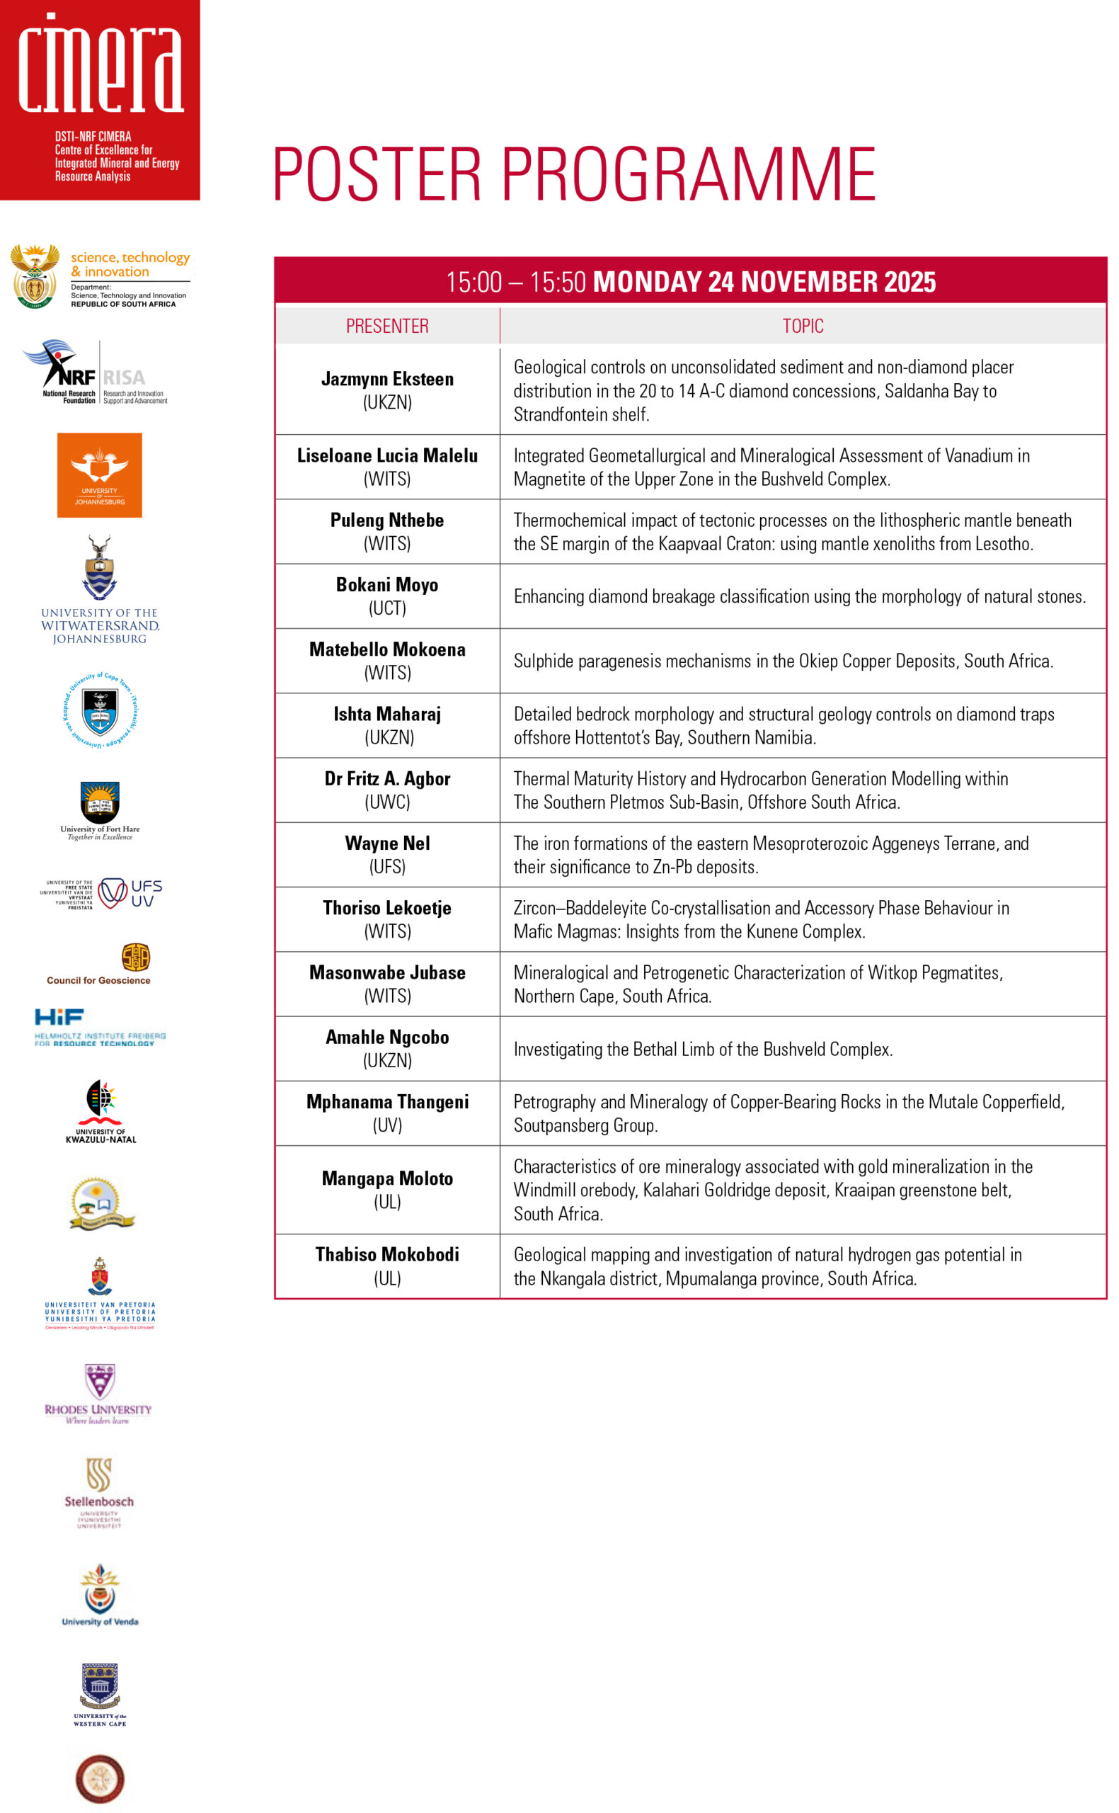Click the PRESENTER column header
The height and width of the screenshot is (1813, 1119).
[387, 326]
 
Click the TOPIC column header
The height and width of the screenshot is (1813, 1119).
[803, 326]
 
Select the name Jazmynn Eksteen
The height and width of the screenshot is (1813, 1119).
[387, 379]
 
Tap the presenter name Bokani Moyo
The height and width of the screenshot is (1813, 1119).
[387, 585]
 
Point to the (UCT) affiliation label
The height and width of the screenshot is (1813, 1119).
[387, 608]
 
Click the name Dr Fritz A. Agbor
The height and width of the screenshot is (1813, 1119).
[387, 779]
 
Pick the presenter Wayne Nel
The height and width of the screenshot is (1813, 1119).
[387, 843]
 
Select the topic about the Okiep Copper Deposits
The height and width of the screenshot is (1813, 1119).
[783, 661]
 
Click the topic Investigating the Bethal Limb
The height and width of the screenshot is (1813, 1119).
[703, 1049]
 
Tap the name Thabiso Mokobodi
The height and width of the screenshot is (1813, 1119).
[387, 1254]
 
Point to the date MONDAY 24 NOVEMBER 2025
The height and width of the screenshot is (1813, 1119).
[764, 282]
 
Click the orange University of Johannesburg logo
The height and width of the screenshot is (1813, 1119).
[99, 475]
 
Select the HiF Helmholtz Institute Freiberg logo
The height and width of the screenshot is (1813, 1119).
[100, 1027]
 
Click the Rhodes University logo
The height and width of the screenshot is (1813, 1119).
[98, 1394]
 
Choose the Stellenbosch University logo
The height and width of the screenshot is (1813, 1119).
[98, 1492]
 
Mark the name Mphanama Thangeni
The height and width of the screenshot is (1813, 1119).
[387, 1101]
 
